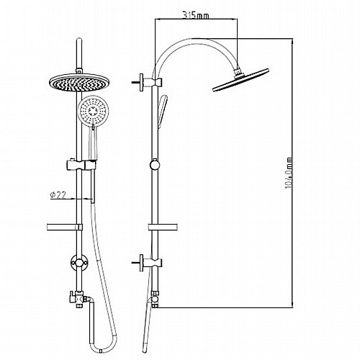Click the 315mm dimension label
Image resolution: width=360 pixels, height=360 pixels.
tap(196, 15)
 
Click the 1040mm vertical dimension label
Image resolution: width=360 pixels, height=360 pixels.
tap(289, 173)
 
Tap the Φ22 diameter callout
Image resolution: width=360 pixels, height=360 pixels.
tap(58, 194)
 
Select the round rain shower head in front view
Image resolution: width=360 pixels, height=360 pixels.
tap(78, 83)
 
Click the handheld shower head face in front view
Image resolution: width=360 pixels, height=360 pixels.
tap(93, 111)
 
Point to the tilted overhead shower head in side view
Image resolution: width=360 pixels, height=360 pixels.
tap(240, 80)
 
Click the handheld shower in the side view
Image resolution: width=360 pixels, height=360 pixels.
tap(162, 112)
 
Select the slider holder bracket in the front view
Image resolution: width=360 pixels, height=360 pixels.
tap(81, 164)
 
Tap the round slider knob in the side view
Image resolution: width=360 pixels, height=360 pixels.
tap(155, 165)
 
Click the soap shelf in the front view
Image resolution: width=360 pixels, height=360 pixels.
tap(65, 228)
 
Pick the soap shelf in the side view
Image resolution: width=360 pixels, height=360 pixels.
tap(163, 227)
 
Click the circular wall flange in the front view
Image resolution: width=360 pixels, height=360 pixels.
tap(79, 263)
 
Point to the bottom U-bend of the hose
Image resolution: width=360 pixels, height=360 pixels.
tap(103, 348)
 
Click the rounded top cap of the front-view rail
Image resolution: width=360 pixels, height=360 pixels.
tap(79, 41)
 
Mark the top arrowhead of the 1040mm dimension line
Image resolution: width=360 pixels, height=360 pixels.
tap(292, 41)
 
